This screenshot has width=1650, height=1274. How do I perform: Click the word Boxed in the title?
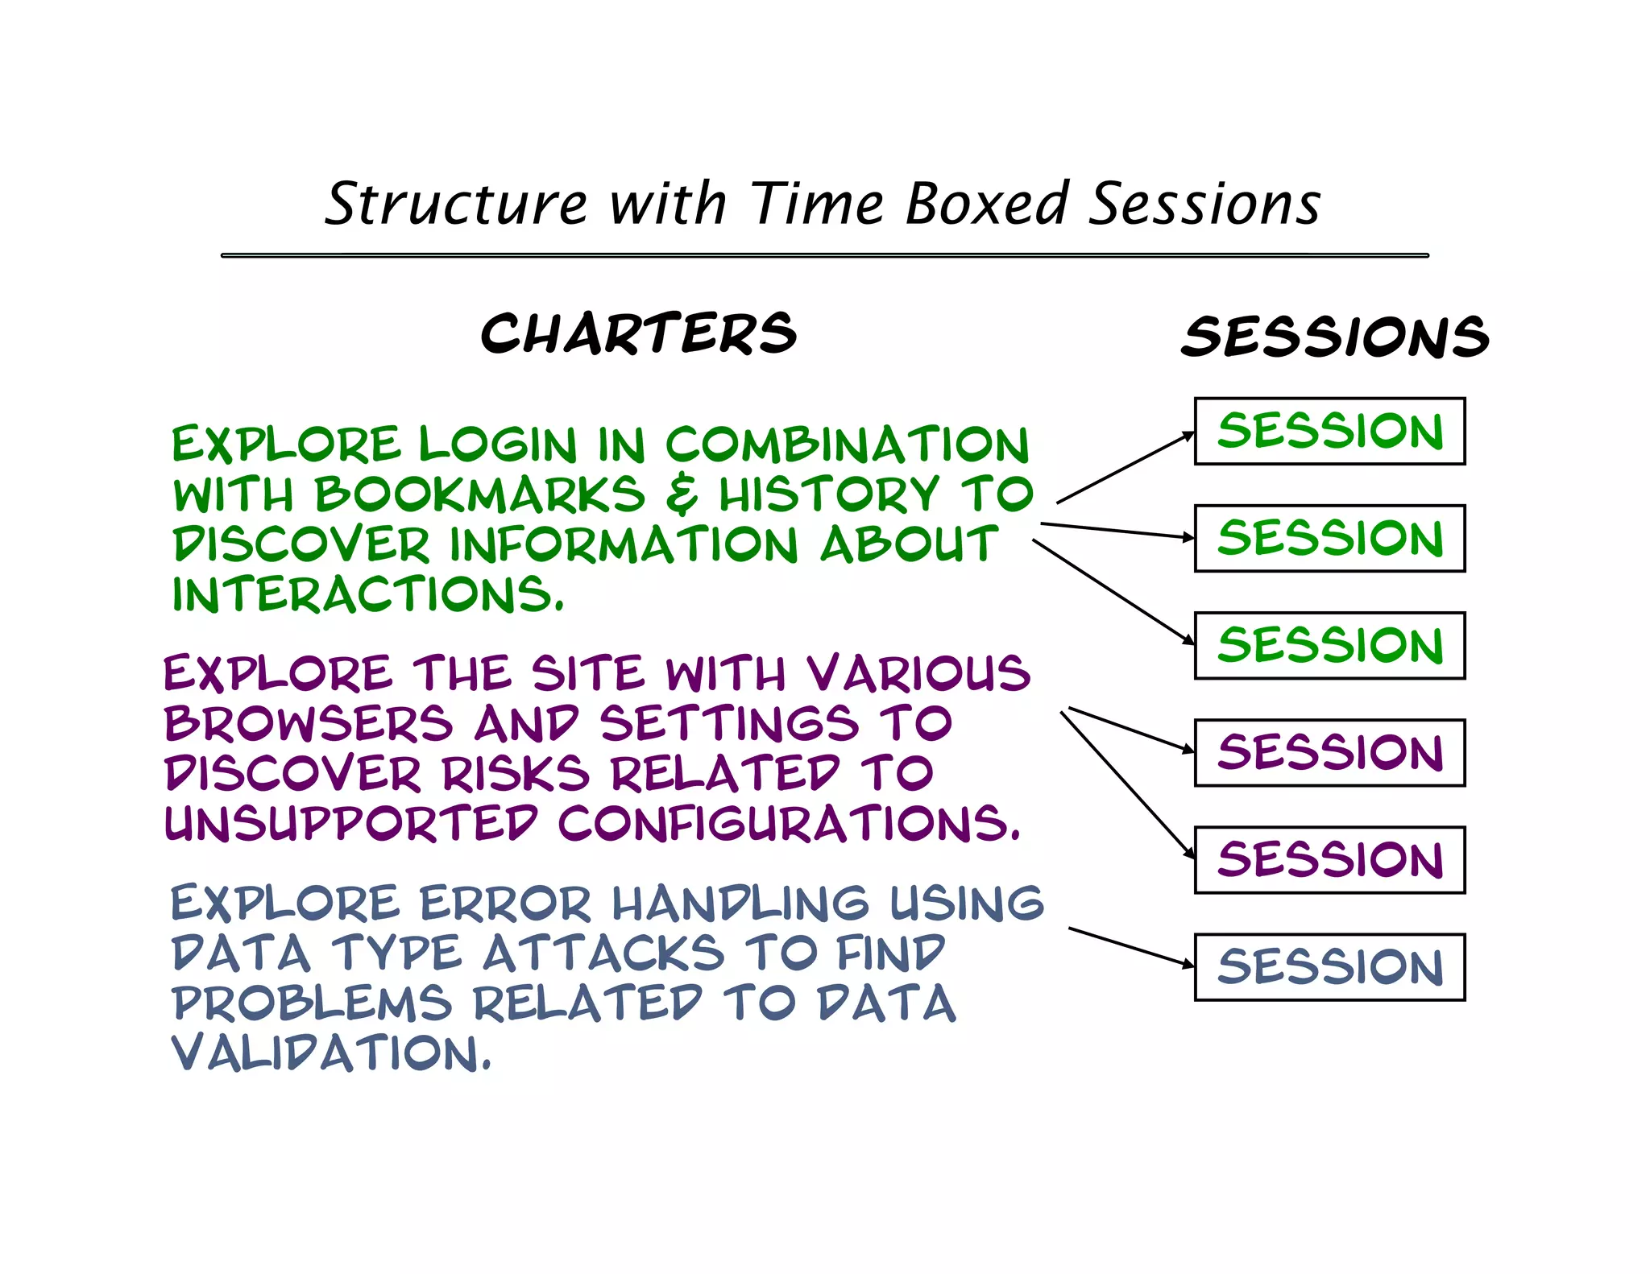[987, 203]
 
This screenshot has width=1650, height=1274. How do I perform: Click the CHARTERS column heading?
[638, 333]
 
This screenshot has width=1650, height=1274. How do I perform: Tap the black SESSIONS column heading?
[1335, 337]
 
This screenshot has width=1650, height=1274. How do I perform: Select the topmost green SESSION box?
[1329, 431]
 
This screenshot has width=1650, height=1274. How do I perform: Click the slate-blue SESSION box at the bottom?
[1329, 966]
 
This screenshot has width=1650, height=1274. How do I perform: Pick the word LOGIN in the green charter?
[498, 445]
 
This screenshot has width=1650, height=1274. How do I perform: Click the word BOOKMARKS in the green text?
[479, 494]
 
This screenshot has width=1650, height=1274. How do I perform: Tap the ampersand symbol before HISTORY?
[682, 494]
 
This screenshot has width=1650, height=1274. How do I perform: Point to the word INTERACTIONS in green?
[367, 595]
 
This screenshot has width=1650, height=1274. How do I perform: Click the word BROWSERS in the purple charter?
[309, 723]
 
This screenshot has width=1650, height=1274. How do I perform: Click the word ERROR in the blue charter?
[506, 903]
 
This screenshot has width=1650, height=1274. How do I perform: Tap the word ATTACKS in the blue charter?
[603, 953]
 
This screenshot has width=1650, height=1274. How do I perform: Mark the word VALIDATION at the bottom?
[330, 1053]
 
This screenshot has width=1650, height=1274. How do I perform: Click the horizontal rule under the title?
[824, 255]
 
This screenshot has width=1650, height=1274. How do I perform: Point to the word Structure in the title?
[456, 203]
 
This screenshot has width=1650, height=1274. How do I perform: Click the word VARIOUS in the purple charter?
[918, 673]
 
